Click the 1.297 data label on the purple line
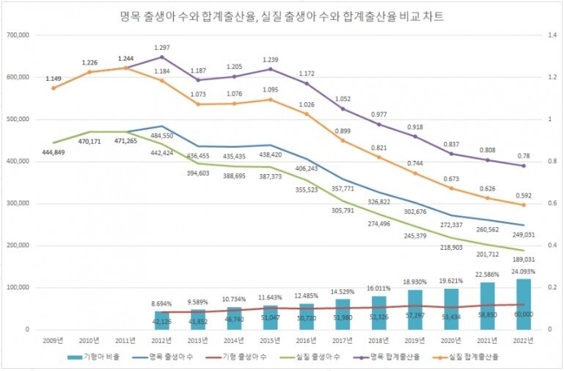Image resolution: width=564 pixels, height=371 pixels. [161, 47]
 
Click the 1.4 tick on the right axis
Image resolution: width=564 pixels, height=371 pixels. [543, 35]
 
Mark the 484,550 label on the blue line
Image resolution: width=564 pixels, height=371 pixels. [163, 136]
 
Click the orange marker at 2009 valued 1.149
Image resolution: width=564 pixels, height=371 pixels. [53, 88]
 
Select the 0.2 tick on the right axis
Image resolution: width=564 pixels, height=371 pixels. [543, 287]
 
